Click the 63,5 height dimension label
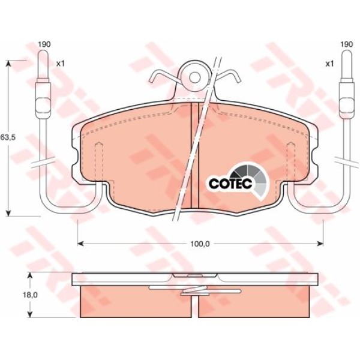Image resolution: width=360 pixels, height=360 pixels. (8, 137)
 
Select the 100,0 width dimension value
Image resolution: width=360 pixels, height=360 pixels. (200, 244)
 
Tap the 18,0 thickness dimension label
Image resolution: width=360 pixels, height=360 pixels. (30, 295)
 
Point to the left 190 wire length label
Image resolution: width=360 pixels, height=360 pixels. (44, 44)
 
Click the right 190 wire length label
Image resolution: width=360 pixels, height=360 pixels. (346, 44)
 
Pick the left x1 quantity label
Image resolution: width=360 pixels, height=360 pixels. (61, 64)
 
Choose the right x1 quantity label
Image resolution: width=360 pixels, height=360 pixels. (329, 64)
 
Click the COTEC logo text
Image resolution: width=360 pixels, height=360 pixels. (230, 183)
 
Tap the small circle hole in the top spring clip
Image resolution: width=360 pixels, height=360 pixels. (195, 77)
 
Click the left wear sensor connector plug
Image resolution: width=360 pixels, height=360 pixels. (43, 98)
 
